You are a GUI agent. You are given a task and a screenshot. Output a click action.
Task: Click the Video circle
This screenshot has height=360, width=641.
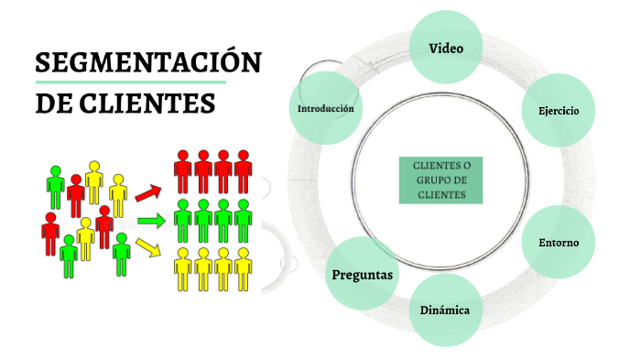[x=446, y=46]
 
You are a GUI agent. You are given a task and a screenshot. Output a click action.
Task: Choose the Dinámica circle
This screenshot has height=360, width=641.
[x=445, y=310]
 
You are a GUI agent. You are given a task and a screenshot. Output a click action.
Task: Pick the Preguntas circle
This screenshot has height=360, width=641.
[x=362, y=274]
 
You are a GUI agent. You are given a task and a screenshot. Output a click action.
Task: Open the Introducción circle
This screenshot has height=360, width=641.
[x=325, y=109]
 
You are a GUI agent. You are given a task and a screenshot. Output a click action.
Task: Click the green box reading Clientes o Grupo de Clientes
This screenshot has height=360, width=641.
[x=440, y=180]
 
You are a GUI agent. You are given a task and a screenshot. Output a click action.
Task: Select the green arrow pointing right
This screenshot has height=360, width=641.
[x=149, y=221]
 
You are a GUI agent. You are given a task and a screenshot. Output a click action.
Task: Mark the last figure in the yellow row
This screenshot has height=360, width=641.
[x=243, y=267]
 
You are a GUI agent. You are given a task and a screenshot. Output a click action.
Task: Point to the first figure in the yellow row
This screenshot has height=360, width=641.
[x=182, y=267]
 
